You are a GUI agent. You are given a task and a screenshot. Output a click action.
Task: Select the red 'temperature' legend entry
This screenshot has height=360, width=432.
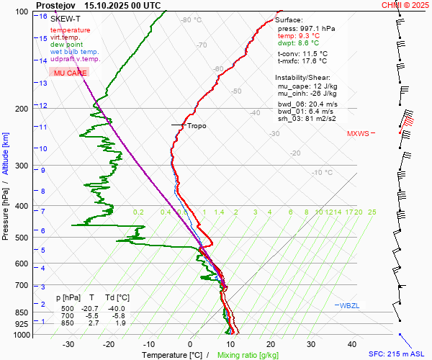pyautogui.click(x=70, y=30)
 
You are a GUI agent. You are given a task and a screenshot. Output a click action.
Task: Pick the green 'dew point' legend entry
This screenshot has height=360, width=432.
pyautogui.click(x=66, y=45)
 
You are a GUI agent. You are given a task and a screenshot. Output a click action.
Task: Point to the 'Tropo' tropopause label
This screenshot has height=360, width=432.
pyautogui.click(x=196, y=126)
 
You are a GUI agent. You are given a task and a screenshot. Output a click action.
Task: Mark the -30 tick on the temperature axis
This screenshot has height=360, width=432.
pyautogui.click(x=68, y=344)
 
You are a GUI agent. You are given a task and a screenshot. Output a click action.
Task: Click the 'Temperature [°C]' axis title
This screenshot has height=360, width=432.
pyautogui.click(x=171, y=355)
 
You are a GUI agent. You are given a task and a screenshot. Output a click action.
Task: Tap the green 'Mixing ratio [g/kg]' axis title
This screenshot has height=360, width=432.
pyautogui.click(x=248, y=355)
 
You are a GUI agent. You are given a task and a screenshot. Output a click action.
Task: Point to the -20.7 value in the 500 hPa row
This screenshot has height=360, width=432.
pyautogui.click(x=92, y=307)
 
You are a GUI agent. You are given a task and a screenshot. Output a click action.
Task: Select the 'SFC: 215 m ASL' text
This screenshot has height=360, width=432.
pyautogui.click(x=397, y=354)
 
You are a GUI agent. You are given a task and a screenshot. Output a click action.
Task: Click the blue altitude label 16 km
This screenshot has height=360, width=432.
pyautogui.click(x=44, y=17)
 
